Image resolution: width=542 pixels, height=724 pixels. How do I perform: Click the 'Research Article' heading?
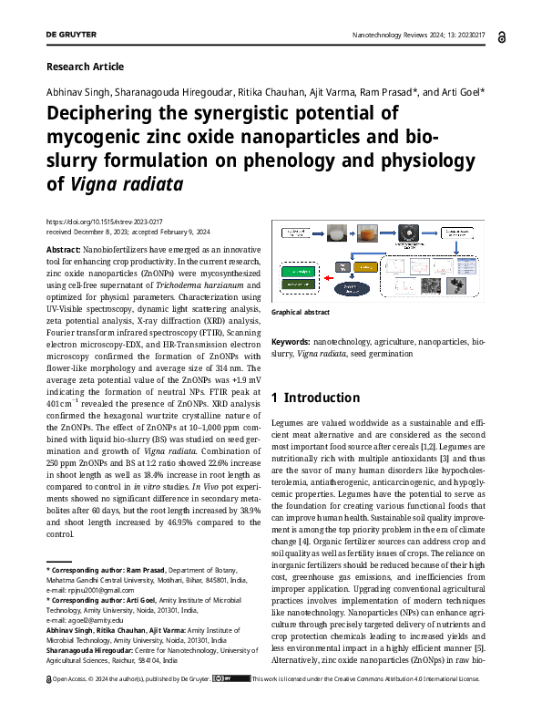click(x=84, y=67)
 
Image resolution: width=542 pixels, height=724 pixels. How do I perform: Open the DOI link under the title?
click(x=103, y=222)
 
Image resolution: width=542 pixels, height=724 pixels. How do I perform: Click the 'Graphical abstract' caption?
click(x=300, y=312)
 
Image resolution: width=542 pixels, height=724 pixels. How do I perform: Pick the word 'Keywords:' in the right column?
click(x=291, y=341)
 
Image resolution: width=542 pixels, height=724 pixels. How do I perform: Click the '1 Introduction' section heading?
click(x=315, y=398)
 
